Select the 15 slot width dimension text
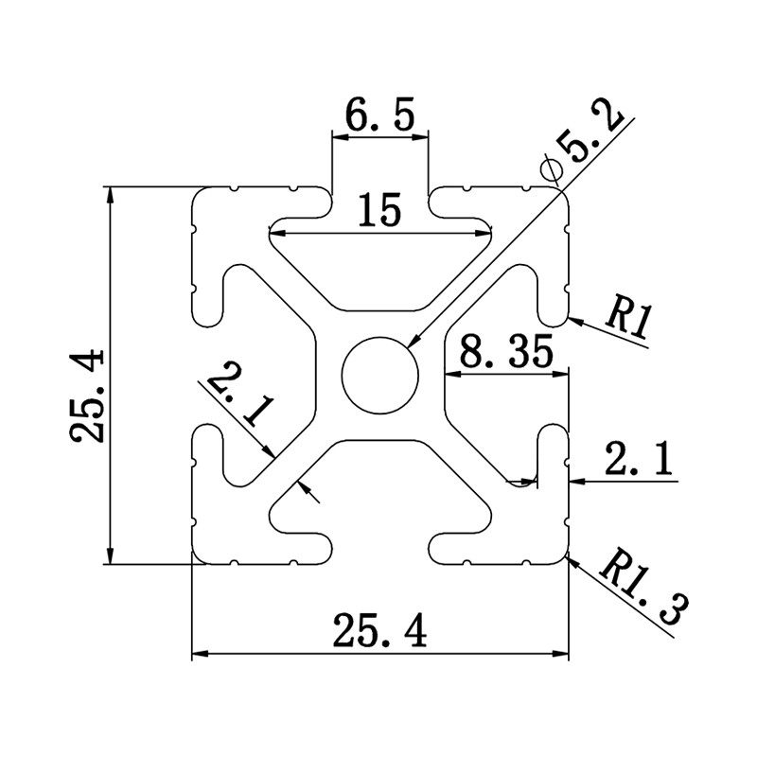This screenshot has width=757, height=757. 379,207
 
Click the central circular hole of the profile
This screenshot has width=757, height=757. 380,373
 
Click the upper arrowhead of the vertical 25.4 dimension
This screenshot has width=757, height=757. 111,195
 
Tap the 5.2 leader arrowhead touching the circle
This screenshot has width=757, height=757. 414,340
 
